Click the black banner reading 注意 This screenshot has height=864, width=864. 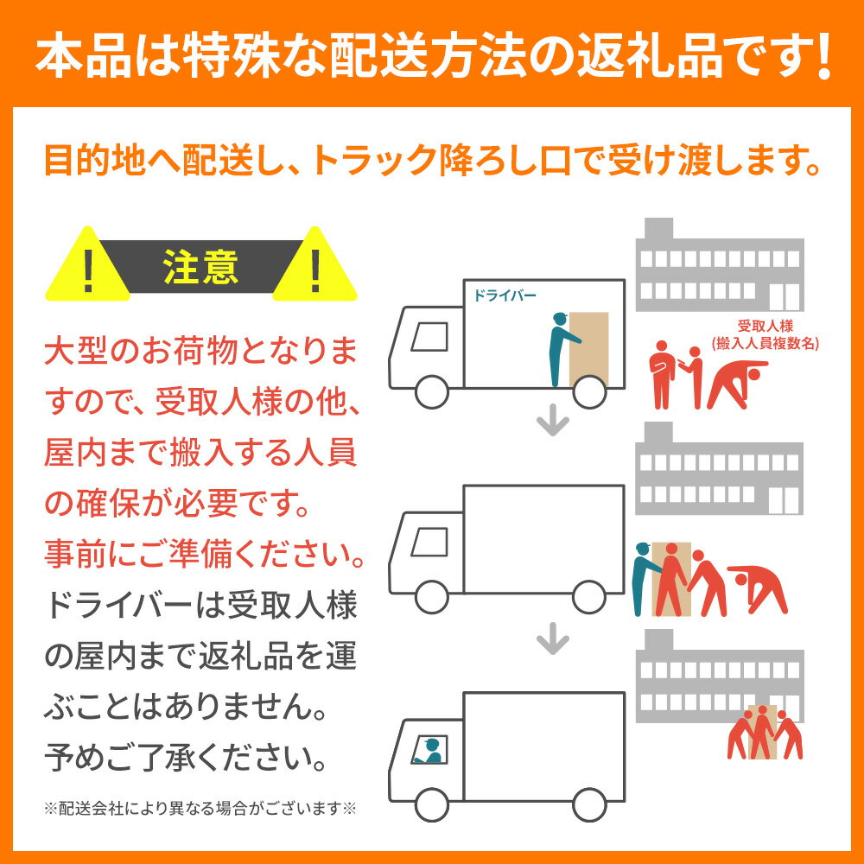coord(201,267)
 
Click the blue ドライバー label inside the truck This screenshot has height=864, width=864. coord(505,295)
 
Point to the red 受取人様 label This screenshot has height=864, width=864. coord(764,326)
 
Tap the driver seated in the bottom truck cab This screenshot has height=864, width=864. coord(429,749)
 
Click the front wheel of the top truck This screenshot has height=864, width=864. coord(432,391)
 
